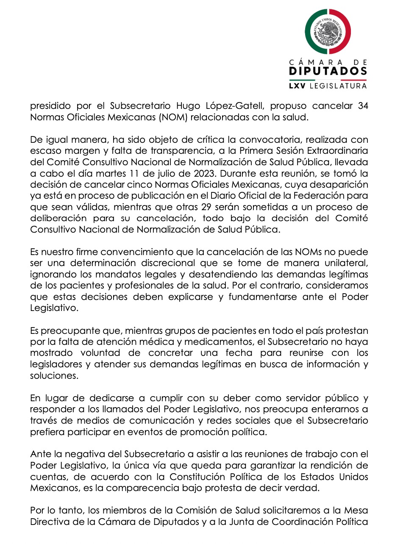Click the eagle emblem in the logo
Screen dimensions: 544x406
click(x=328, y=32)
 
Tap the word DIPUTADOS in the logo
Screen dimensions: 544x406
click(x=328, y=71)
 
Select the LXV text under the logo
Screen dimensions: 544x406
click(x=297, y=86)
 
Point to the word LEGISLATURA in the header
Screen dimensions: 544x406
click(x=338, y=86)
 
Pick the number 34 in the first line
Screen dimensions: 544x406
click(x=363, y=106)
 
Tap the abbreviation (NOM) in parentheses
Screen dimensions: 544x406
click(x=173, y=117)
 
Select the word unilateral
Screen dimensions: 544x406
click(x=346, y=263)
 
